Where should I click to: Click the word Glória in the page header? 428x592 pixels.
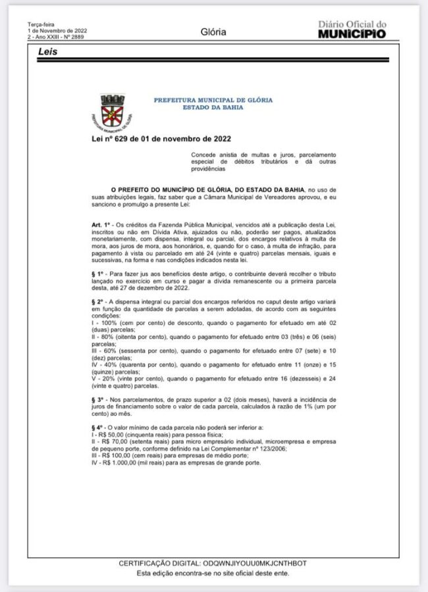213,32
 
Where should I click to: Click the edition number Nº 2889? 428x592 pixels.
76,37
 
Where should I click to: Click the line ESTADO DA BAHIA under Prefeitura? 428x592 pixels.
213,107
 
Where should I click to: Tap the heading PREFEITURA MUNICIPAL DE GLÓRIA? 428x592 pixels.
213,100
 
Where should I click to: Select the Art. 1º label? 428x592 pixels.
101,226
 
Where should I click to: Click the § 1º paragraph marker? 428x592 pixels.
99,272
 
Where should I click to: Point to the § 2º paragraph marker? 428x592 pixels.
99,300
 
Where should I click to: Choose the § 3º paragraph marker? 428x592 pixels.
99,399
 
